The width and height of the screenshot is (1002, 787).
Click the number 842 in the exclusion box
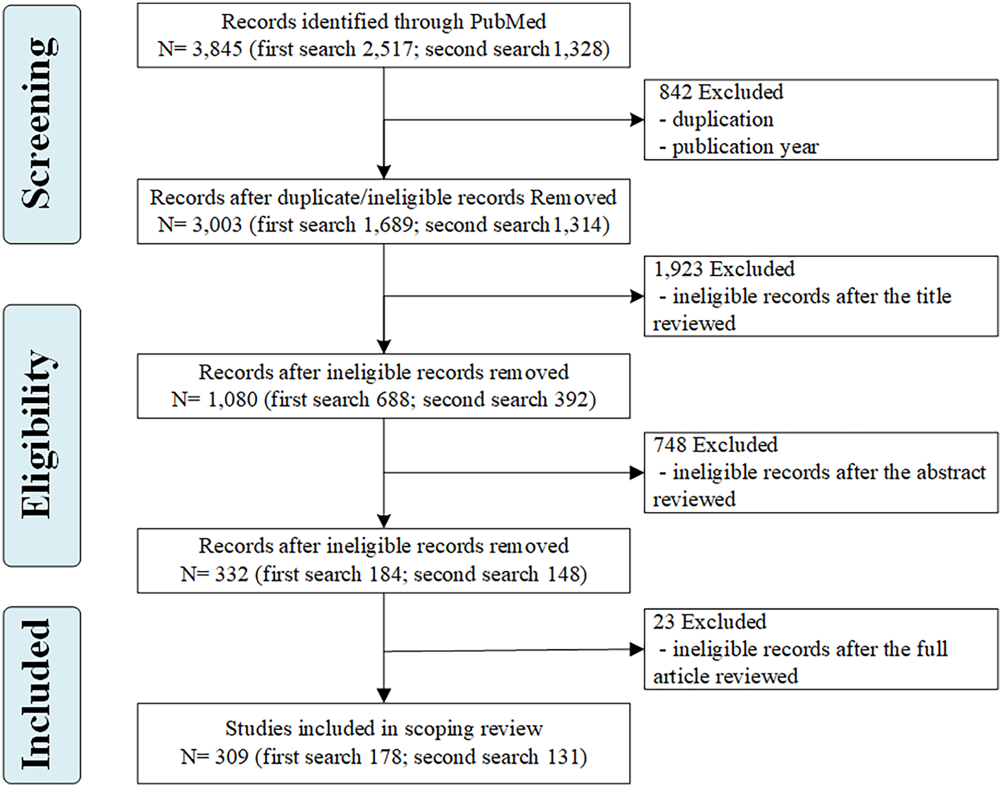675,92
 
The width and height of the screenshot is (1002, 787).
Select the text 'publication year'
745,147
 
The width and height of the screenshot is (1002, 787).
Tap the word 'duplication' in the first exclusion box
723,120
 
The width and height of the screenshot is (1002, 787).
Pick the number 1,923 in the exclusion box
679,269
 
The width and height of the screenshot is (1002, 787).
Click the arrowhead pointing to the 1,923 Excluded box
637,296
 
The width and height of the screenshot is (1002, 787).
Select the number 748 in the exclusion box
670,445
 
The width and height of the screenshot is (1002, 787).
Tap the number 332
231,574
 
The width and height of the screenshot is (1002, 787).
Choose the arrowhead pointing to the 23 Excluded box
637,649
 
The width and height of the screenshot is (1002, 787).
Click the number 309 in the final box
231,757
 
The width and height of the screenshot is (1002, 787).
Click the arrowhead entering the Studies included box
384,695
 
